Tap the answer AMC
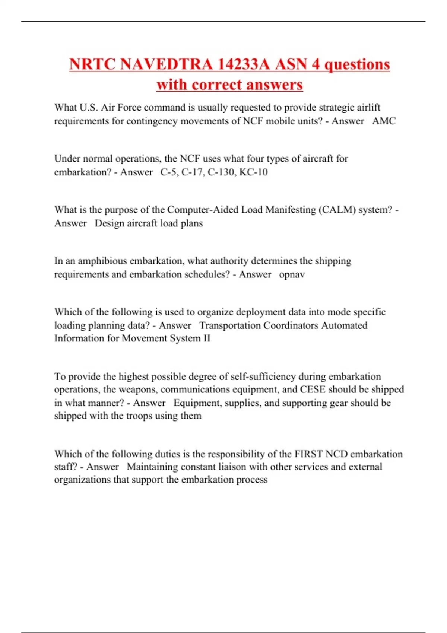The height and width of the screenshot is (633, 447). [x=384, y=121]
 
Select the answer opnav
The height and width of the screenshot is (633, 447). [x=292, y=274]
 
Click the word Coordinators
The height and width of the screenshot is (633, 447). [x=291, y=325]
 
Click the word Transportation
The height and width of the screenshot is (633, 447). [x=230, y=325]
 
